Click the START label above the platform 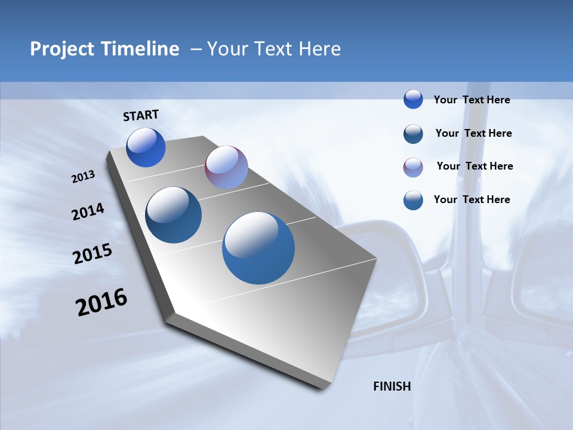(141, 115)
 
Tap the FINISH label (392, 386)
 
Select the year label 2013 (83, 177)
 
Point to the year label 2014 (88, 212)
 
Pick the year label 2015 (92, 254)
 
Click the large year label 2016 (101, 302)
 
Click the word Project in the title (62, 49)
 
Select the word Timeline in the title (141, 49)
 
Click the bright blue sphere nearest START (146, 148)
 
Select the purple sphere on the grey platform (226, 167)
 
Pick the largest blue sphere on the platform (258, 248)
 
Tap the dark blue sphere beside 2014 (173, 215)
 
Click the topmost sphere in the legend (413, 99)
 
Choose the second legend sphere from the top (413, 134)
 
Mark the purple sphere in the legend (413, 167)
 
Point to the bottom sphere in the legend (413, 200)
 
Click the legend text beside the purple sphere (475, 166)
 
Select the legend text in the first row (472, 100)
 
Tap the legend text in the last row (472, 199)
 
